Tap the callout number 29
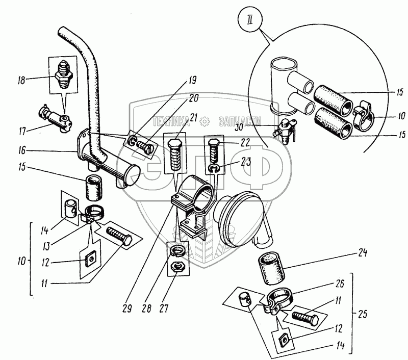[x=126, y=308]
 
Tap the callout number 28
[x=147, y=308]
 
